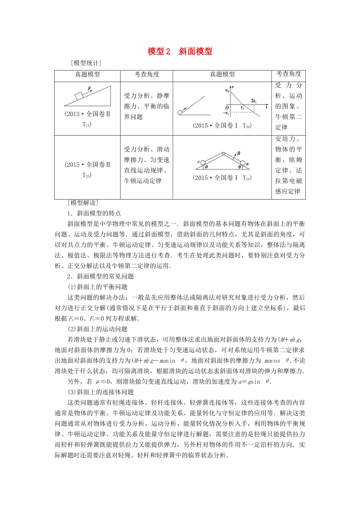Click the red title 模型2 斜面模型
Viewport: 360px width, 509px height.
(180, 52)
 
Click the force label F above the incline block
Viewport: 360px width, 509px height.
(90, 89)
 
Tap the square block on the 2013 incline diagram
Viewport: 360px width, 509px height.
(80, 96)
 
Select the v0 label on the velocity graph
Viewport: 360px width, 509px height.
(227, 91)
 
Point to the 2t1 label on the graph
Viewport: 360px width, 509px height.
(254, 101)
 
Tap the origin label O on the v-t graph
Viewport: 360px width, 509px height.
(227, 108)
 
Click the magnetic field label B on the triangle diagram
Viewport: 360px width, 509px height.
(238, 153)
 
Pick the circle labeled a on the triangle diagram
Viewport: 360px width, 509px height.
(243, 164)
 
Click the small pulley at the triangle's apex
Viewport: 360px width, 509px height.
(224, 154)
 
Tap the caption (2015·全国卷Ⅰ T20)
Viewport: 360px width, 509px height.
(222, 126)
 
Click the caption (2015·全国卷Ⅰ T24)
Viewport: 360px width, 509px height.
(222, 178)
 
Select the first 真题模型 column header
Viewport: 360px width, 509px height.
(87, 75)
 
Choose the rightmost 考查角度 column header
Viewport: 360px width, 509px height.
(289, 74)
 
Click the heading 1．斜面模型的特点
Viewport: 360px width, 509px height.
(94, 213)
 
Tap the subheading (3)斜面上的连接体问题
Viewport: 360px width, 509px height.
(100, 392)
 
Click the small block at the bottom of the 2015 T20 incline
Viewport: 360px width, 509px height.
(180, 112)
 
